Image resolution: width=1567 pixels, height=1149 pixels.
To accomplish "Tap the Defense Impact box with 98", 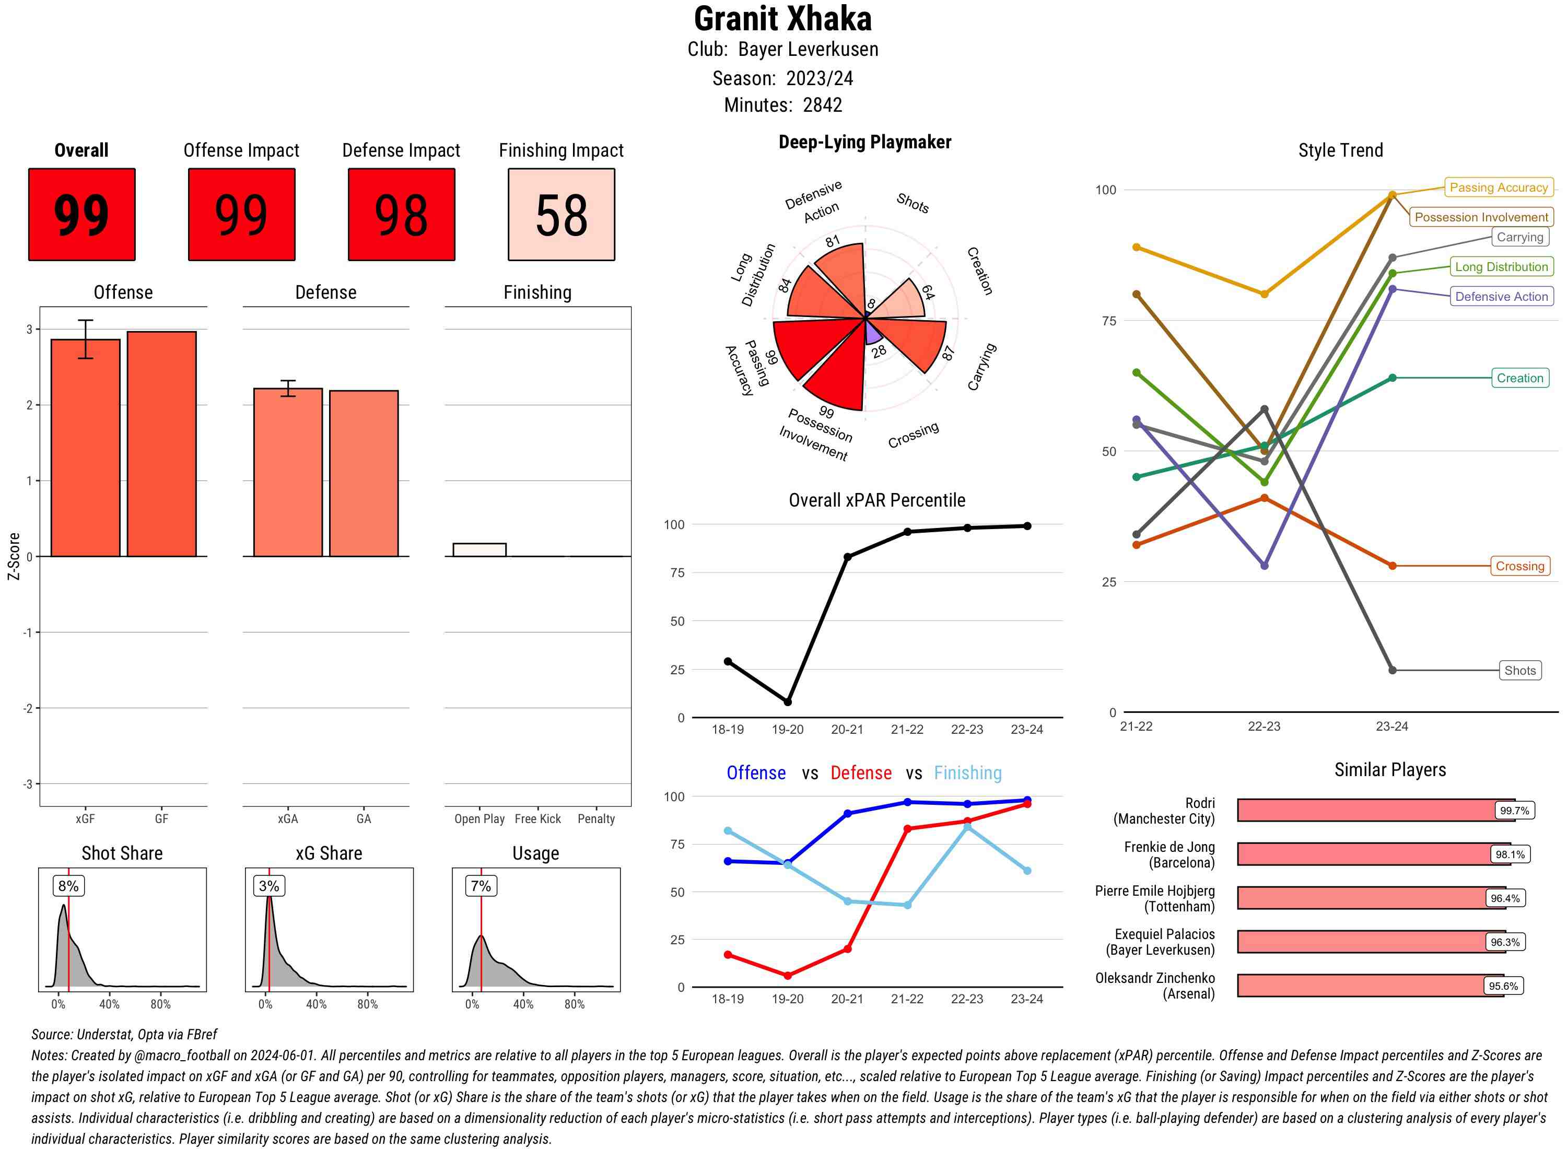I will [x=401, y=214].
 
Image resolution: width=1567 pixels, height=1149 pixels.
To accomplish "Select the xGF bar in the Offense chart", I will [x=86, y=448].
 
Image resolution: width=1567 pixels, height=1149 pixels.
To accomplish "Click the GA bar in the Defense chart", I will [x=364, y=474].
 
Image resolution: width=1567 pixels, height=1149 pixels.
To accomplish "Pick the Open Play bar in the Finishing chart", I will [x=479, y=550].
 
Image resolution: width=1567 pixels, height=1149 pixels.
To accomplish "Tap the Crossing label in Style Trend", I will [x=1519, y=566].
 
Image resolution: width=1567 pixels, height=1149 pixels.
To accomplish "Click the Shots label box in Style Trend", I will [x=1519, y=671].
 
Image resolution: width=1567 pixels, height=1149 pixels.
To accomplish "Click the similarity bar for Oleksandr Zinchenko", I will [x=1370, y=986].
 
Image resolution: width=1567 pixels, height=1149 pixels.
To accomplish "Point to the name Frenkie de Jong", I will [x=1169, y=847].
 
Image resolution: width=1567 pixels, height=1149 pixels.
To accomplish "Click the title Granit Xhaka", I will [x=782, y=19].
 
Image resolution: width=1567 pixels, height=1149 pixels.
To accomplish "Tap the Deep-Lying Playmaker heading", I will [x=864, y=143].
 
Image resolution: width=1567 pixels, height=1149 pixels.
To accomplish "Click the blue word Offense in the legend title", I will [x=756, y=773].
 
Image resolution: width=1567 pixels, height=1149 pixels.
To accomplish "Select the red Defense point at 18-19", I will [x=728, y=955].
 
